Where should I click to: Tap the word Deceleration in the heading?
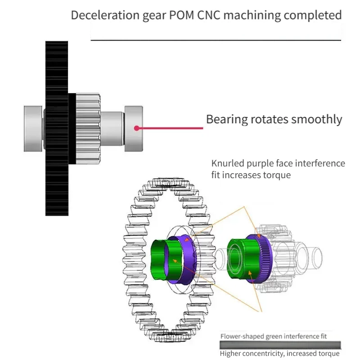pyautogui.click(x=105, y=15)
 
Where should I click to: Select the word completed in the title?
pyautogui.click(x=313, y=16)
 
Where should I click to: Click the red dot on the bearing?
pyautogui.click(x=137, y=128)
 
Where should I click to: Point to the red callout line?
pyautogui.click(x=170, y=128)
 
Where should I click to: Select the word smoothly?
pyautogui.click(x=317, y=120)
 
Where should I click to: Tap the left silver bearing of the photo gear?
pyautogui.click(x=33, y=129)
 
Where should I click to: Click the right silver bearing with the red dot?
pyautogui.click(x=134, y=129)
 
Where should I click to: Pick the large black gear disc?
pyautogui.click(x=57, y=129)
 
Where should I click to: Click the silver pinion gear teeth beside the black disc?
pyautogui.click(x=88, y=129)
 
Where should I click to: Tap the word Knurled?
pyautogui.click(x=228, y=163)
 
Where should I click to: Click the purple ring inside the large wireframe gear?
pyautogui.click(x=188, y=260)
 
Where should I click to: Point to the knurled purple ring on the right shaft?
pyautogui.click(x=265, y=258)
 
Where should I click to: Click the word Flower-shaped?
pyautogui.click(x=242, y=337)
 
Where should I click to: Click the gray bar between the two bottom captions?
pyautogui.click(x=280, y=345)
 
